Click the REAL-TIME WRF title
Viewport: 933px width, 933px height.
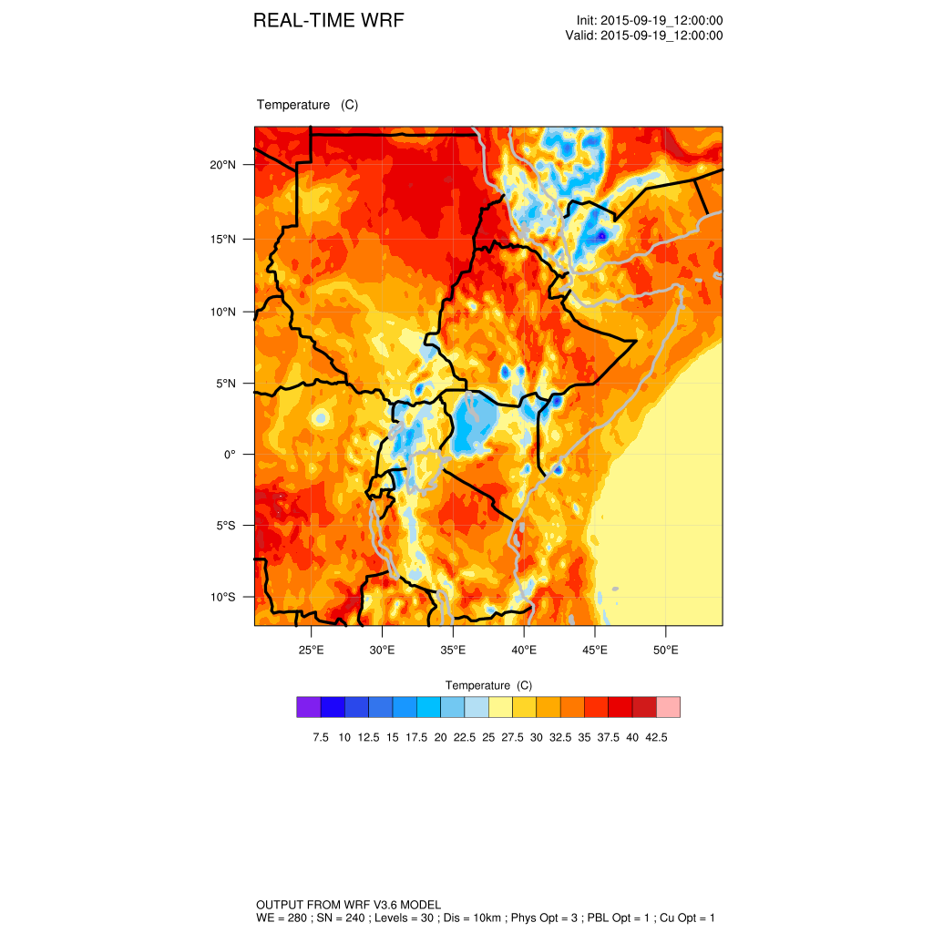click(x=328, y=21)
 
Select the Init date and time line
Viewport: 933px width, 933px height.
click(x=650, y=21)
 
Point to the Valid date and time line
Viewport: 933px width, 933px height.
click(x=644, y=36)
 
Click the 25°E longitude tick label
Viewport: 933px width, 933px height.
click(x=312, y=650)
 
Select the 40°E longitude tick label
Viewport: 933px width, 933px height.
click(x=524, y=650)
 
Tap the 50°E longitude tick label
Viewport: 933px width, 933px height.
click(x=666, y=650)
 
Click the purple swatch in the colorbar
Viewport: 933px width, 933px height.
click(x=308, y=707)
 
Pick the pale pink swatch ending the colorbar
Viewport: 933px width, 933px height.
click(x=669, y=707)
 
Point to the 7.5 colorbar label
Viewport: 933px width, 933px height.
click(x=321, y=737)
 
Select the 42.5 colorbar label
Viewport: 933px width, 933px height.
click(x=657, y=737)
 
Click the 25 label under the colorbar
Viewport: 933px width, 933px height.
click(x=488, y=737)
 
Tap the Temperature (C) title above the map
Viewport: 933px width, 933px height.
click(x=307, y=105)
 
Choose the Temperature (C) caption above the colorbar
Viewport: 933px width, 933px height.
click(x=488, y=685)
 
